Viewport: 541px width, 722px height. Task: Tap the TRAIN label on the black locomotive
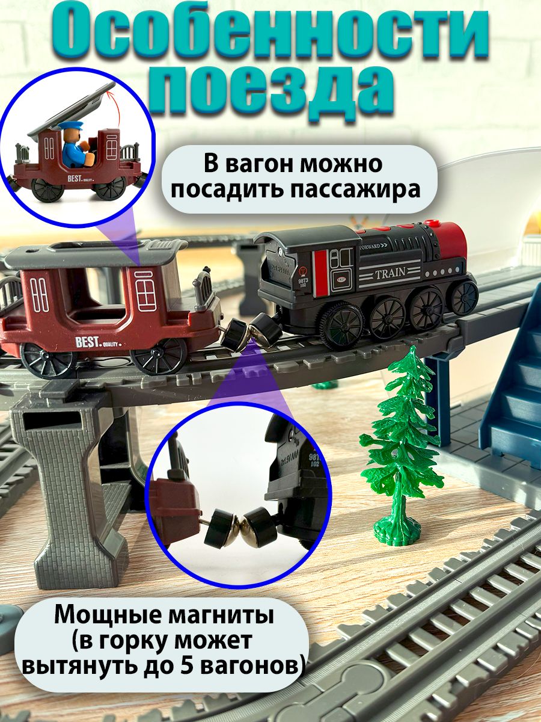pyautogui.click(x=391, y=274)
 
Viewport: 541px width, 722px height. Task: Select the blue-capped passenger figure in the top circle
pyautogui.click(x=73, y=144)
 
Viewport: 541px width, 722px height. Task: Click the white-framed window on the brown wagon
pyautogui.click(x=145, y=290)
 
